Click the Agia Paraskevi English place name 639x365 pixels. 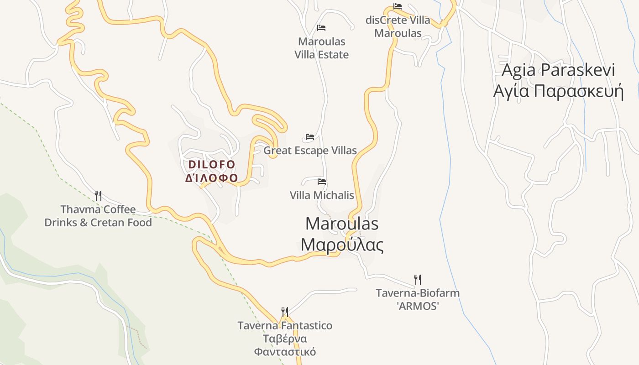[558, 70]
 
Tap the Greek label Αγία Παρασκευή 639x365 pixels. [558, 91]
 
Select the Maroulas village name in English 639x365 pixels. [342, 224]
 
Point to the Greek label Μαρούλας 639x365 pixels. [342, 245]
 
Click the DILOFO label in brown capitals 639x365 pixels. [212, 164]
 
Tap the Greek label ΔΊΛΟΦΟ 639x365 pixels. [212, 178]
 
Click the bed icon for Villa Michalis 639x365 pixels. [322, 182]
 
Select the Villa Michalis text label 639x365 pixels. [322, 195]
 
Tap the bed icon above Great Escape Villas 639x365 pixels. [310, 137]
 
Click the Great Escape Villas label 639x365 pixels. [310, 151]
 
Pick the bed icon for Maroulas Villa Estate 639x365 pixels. [321, 28]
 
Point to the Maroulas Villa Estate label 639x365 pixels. [321, 48]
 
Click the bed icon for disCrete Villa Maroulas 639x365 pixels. [398, 6]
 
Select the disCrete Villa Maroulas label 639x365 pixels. [398, 26]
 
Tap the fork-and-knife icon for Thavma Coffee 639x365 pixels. [98, 196]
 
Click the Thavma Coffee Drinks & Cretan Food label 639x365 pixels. [98, 216]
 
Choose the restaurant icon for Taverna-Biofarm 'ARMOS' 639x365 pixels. [417, 279]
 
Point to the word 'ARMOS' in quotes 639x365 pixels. [417, 306]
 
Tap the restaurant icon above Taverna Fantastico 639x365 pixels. [285, 312]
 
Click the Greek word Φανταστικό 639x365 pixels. [285, 352]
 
